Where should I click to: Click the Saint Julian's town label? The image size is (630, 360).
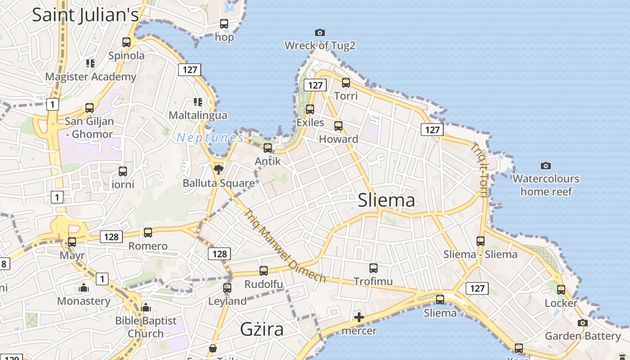click(85, 14)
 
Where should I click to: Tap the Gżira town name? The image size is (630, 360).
click(262, 329)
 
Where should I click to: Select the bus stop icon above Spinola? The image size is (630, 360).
click(126, 42)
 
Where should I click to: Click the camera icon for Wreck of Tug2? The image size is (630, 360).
click(320, 32)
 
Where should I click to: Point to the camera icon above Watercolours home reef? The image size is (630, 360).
click(546, 166)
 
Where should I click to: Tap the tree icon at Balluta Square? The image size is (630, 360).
click(219, 170)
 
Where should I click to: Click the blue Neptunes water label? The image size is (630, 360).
click(210, 138)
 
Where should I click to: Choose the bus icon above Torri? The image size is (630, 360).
click(346, 82)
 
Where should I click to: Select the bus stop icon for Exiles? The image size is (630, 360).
click(310, 109)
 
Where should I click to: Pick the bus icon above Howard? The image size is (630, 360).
click(338, 126)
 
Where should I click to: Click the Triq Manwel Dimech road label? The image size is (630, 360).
click(285, 246)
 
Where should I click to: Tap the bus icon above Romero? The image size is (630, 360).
click(148, 233)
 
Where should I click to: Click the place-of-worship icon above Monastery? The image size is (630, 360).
click(84, 288)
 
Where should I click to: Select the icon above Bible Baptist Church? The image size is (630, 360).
click(146, 307)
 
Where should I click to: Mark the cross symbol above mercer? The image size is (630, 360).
click(359, 318)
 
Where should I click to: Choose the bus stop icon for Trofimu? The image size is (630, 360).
click(373, 268)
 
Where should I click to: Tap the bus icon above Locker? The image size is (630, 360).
click(561, 290)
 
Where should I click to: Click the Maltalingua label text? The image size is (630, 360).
click(198, 115)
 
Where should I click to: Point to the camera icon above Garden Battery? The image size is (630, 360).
click(583, 323)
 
